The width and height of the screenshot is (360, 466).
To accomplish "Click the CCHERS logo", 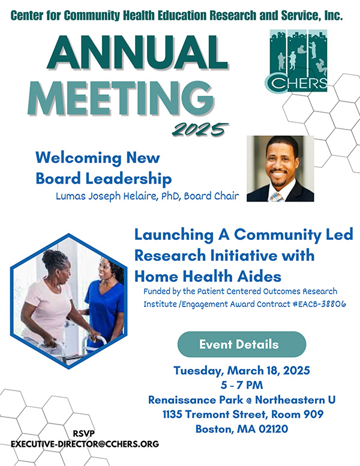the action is (x=296, y=61).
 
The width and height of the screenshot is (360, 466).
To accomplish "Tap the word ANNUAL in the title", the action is (x=137, y=53).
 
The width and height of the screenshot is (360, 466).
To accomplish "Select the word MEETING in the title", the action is (x=121, y=98).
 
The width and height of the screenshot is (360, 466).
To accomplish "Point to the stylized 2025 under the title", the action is (x=200, y=129).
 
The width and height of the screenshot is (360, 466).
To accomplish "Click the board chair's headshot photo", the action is (x=280, y=169).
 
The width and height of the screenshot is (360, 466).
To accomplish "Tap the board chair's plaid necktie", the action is (x=277, y=197).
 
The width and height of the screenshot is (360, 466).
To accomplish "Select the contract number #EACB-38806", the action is (x=319, y=304).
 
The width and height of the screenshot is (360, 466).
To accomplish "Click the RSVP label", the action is (x=84, y=434).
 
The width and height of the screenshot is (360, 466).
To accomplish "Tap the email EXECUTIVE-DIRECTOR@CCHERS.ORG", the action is (x=85, y=444).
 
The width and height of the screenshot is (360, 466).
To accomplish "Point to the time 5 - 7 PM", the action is (x=242, y=385).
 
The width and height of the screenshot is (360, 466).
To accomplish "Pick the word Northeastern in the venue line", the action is (x=290, y=399).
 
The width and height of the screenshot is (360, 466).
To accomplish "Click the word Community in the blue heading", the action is (x=277, y=234).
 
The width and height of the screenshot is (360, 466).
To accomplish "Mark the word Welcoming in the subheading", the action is (x=79, y=158).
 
